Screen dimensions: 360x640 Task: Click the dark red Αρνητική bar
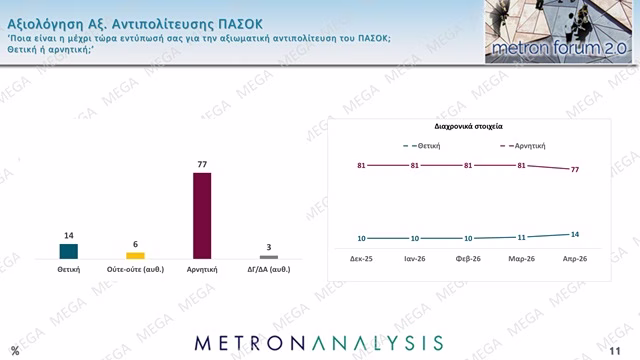[202, 215]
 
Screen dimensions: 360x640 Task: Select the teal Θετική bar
[69, 251]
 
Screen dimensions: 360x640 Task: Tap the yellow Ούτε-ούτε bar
[135, 255]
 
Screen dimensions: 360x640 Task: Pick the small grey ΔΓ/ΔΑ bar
[268, 257]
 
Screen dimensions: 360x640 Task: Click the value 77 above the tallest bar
[202, 162]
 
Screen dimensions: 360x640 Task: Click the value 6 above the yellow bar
[135, 244]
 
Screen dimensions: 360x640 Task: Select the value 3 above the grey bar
[268, 247]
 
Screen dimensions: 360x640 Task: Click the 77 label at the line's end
[574, 170]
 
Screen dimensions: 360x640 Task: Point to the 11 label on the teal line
[521, 237]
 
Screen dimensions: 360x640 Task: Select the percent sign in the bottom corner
[15, 349]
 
